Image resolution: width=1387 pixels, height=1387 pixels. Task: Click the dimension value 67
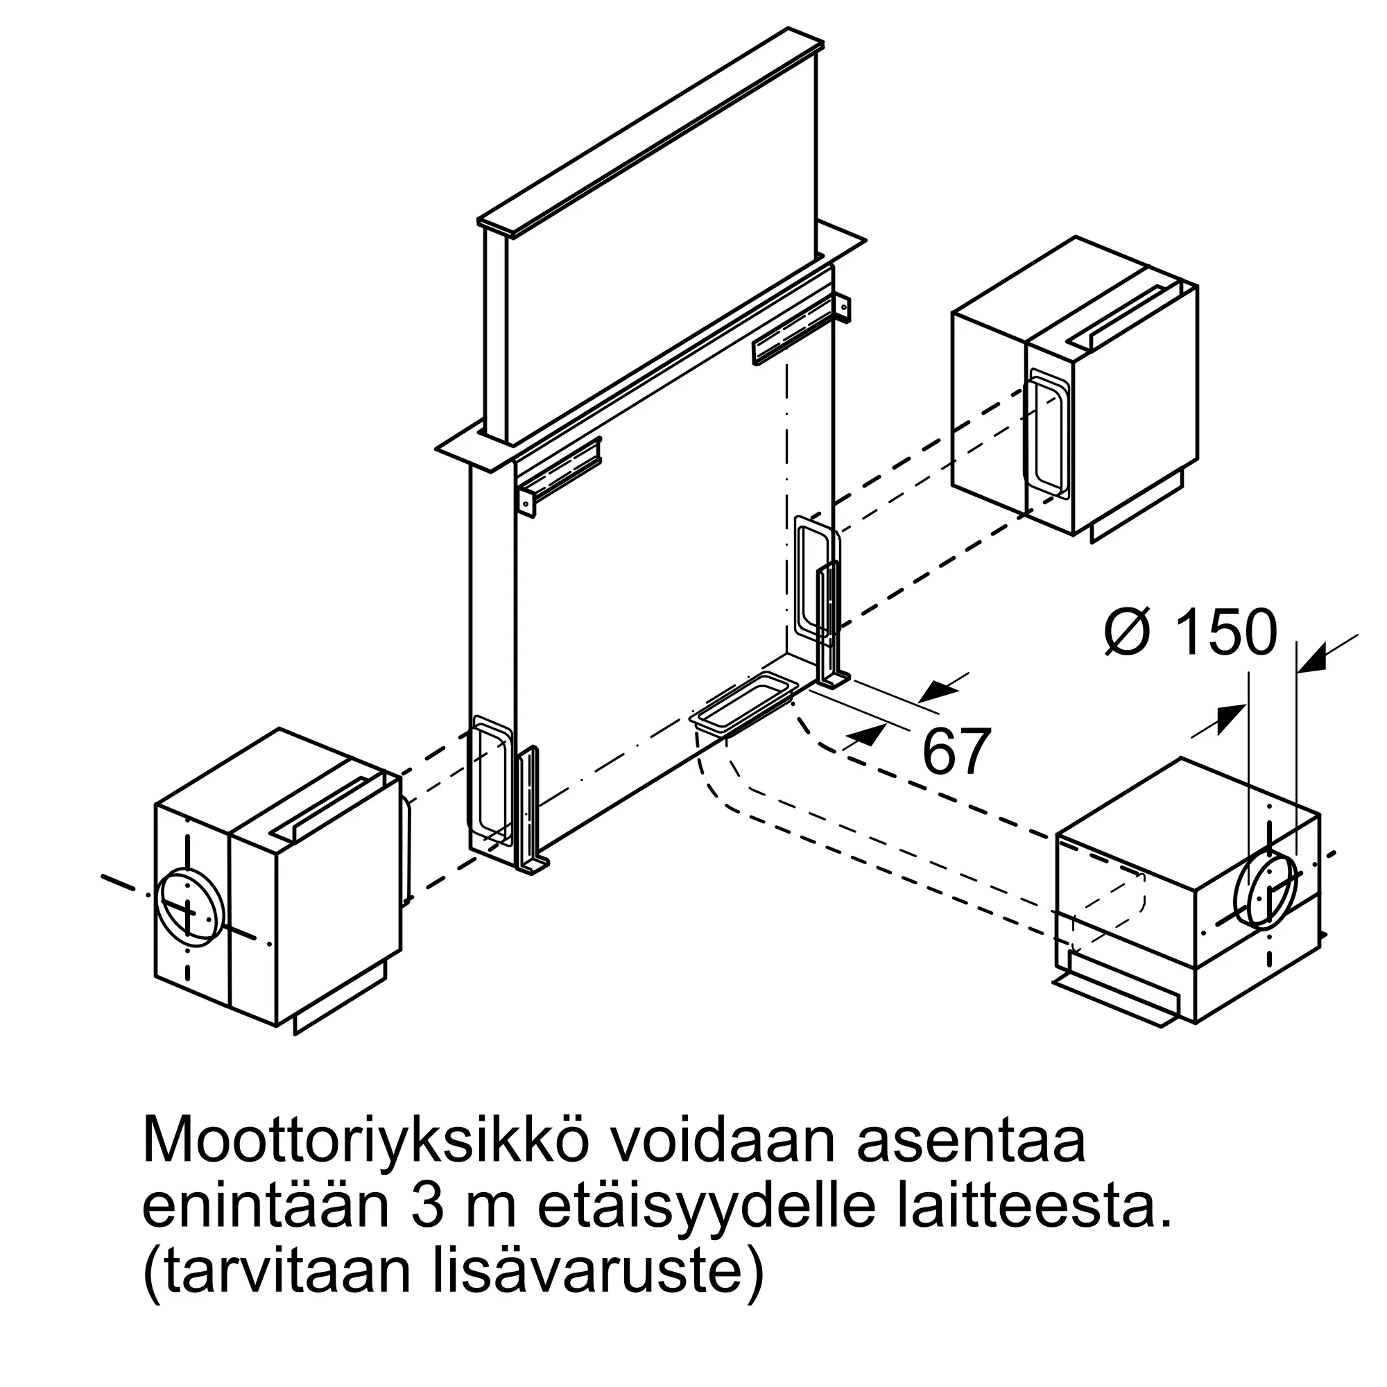coord(956,752)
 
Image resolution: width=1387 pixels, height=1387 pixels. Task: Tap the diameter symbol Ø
coord(1129,632)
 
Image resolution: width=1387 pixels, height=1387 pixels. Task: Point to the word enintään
coord(265,1208)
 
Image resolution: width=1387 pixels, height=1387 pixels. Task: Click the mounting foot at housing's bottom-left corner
coord(530,811)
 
